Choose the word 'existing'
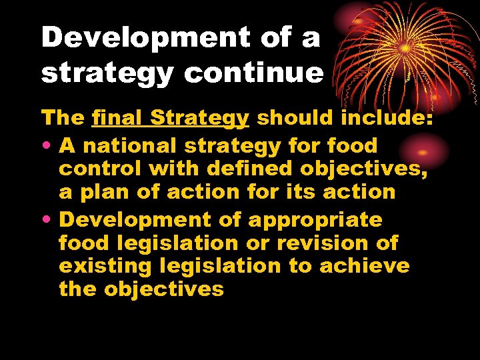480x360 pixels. point(106,266)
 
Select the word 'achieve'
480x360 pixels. point(364,266)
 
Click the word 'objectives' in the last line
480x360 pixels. point(163,289)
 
